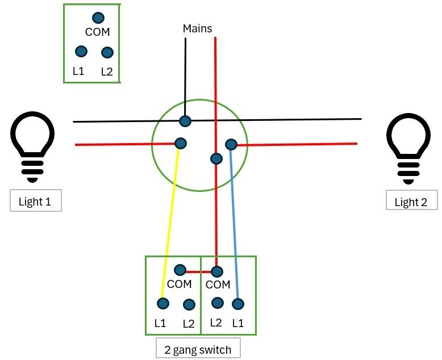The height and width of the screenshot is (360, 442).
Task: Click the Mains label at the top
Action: tap(197, 28)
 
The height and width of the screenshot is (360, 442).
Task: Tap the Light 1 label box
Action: tap(36, 200)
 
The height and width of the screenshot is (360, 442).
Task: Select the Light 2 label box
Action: tap(411, 200)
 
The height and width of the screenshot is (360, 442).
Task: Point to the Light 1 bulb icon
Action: tap(32, 146)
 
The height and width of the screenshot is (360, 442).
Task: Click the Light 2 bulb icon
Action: tap(408, 148)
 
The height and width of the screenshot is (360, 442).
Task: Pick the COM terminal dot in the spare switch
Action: tap(98, 18)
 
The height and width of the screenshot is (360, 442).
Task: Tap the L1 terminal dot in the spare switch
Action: tap(81, 52)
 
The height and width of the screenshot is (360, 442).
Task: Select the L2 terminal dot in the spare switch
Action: tap(107, 52)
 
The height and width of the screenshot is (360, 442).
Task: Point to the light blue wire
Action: tap(234, 224)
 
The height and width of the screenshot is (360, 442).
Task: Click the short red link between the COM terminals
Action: tap(198, 272)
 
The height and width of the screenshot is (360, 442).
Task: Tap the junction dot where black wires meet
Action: tap(185, 121)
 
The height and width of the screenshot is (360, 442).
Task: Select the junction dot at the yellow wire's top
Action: tap(181, 144)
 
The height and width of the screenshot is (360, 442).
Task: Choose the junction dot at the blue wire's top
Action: tap(231, 144)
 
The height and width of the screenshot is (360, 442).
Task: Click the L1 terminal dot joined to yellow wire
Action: tap(163, 303)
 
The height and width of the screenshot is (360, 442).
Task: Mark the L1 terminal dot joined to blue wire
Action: tap(238, 304)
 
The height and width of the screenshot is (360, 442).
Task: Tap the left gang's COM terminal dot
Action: tap(180, 270)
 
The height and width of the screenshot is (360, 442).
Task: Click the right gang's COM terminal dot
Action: tap(217, 271)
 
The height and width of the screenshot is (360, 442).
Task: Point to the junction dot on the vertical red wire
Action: tap(216, 158)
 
